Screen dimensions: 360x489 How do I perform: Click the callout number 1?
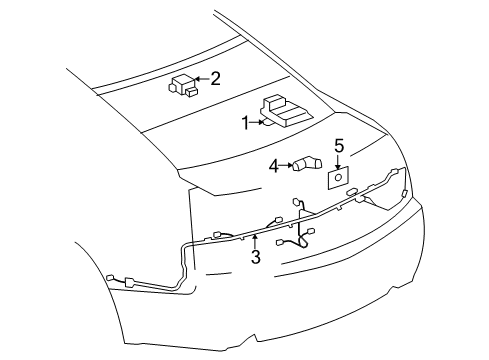[244, 122]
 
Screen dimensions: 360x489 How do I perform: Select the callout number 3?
[255, 258]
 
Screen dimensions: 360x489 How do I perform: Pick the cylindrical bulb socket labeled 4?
[305, 165]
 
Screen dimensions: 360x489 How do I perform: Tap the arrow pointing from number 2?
[199, 77]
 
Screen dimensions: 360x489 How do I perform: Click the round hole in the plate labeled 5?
[337, 176]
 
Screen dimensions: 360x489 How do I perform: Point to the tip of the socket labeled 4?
[319, 162]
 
